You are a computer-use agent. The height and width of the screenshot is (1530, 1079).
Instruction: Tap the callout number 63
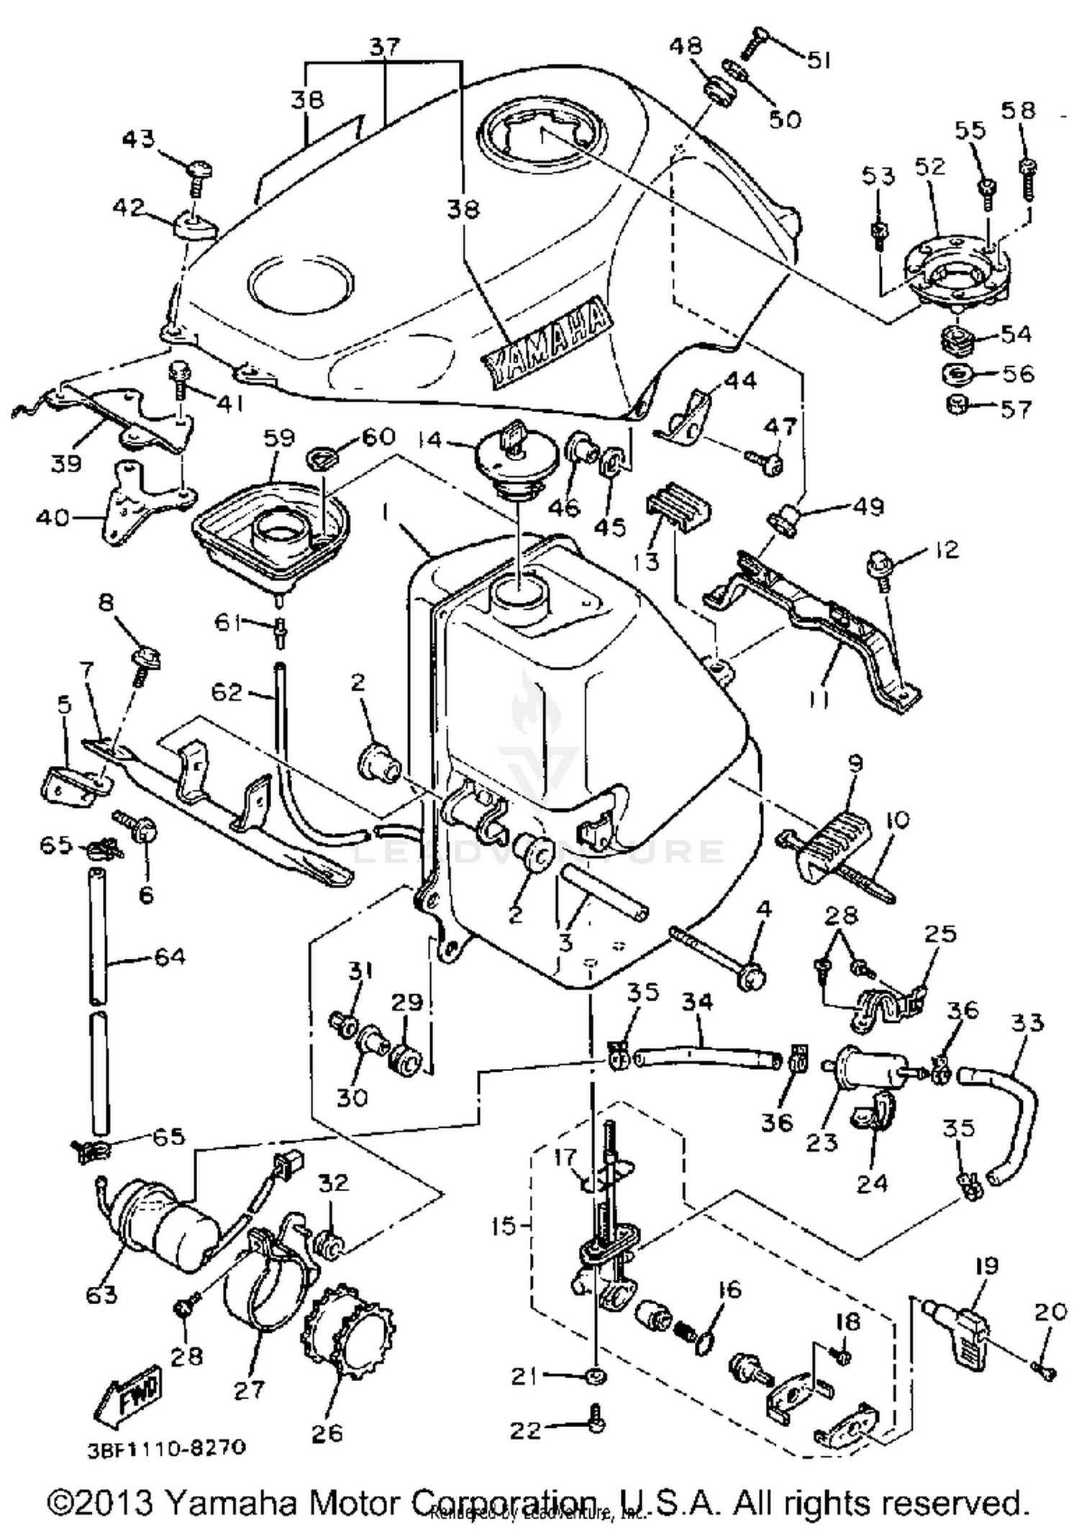[x=101, y=1294]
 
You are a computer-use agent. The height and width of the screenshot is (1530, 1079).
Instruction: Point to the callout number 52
[x=929, y=167]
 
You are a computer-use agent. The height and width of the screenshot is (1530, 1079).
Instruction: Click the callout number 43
[x=138, y=138]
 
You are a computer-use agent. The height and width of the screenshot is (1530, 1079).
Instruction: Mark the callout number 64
[x=170, y=957]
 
